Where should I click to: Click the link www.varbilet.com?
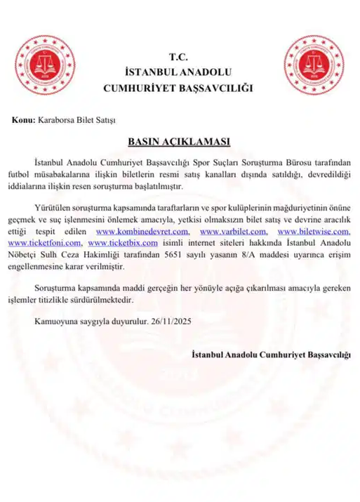[x=233, y=231]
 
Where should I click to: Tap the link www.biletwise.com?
[x=314, y=231]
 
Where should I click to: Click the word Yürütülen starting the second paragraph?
[x=53, y=209]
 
